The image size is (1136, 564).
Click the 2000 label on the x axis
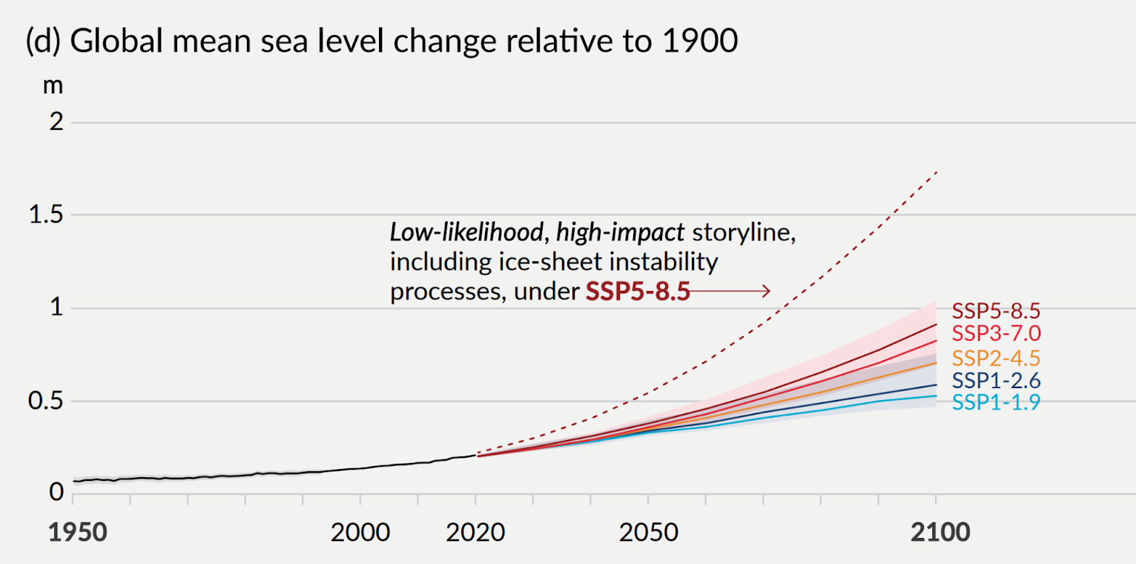(x=360, y=533)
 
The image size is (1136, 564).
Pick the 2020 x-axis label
(x=475, y=533)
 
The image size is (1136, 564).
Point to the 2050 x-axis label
(x=648, y=533)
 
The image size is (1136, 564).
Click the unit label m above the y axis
(x=53, y=85)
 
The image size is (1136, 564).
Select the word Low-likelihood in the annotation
(x=464, y=233)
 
